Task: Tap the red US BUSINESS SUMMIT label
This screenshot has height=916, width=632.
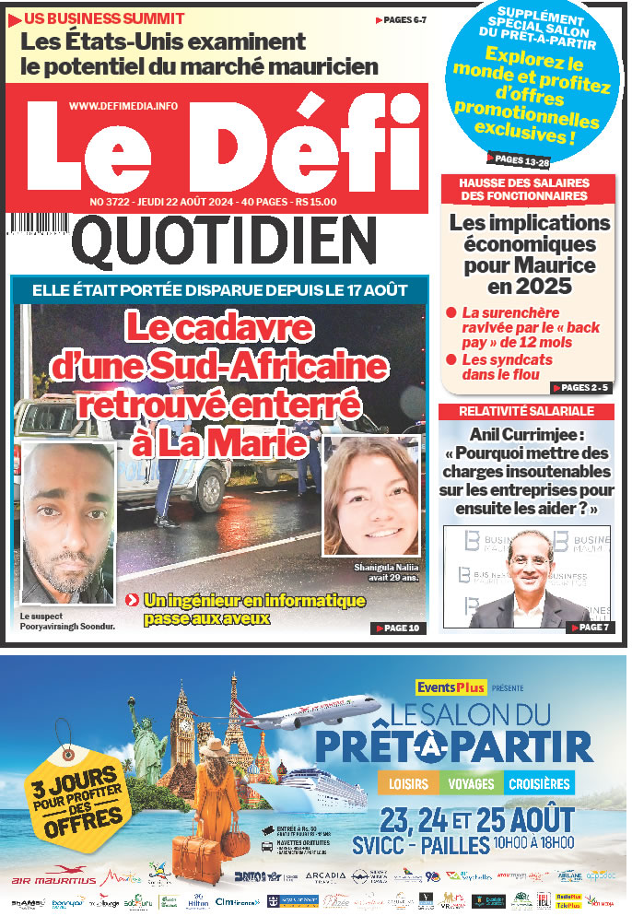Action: pos(104,18)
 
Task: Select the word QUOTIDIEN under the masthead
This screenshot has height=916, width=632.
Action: pos(221,241)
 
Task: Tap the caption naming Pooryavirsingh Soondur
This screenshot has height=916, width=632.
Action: pos(61,621)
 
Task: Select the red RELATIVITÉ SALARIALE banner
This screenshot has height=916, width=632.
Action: pos(527,411)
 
